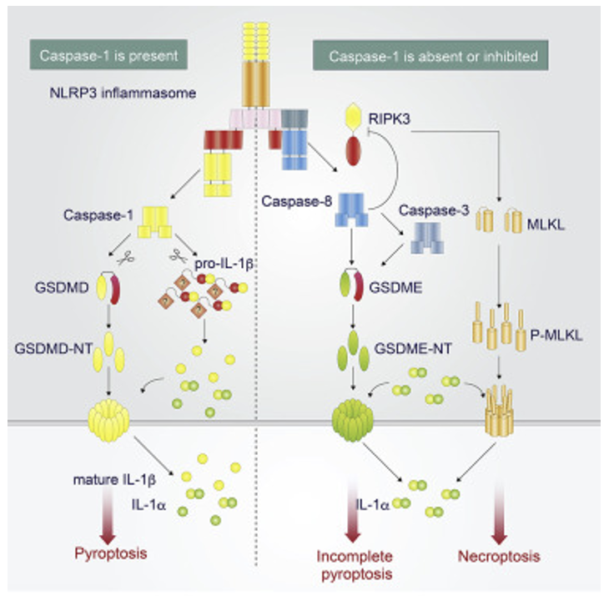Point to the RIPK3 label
tap(402, 119)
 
